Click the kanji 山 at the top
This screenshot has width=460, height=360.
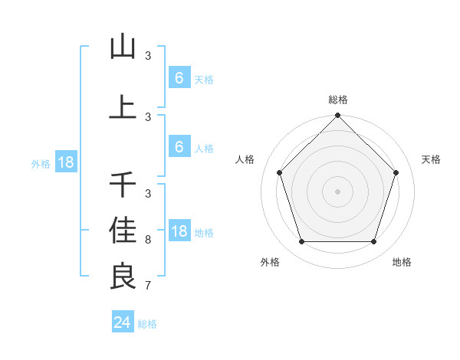123,47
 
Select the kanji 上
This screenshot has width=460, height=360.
123,108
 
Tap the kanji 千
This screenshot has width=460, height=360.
123,185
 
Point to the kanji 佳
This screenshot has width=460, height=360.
123,230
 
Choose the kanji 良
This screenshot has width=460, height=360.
123,276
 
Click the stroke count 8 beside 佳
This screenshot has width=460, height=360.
148,240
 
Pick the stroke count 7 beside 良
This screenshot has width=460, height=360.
148,286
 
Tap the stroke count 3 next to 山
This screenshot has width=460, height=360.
148,56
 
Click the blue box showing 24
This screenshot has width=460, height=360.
123,322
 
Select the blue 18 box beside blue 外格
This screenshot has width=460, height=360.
65,162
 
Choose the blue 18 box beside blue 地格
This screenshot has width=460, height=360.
179,231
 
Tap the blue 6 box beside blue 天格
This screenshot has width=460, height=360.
179,78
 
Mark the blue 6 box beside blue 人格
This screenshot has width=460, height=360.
179,147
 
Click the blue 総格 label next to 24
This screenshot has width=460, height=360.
147,324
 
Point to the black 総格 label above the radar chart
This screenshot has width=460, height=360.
337,100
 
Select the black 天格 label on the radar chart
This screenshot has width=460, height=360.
432,159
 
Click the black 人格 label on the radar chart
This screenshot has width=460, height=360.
245,159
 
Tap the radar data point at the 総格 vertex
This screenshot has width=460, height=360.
337,116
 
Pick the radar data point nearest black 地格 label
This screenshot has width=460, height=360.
373,242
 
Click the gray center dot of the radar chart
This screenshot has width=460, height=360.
337,191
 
